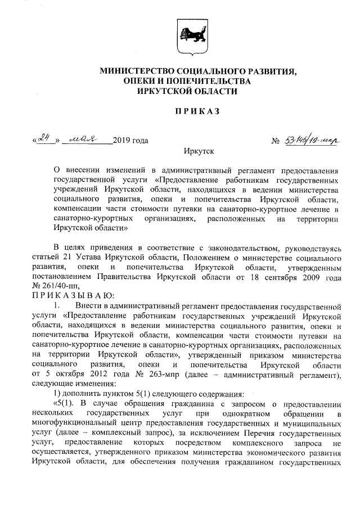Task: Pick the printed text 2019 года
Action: tap(130, 140)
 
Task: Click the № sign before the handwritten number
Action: tap(275, 140)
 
